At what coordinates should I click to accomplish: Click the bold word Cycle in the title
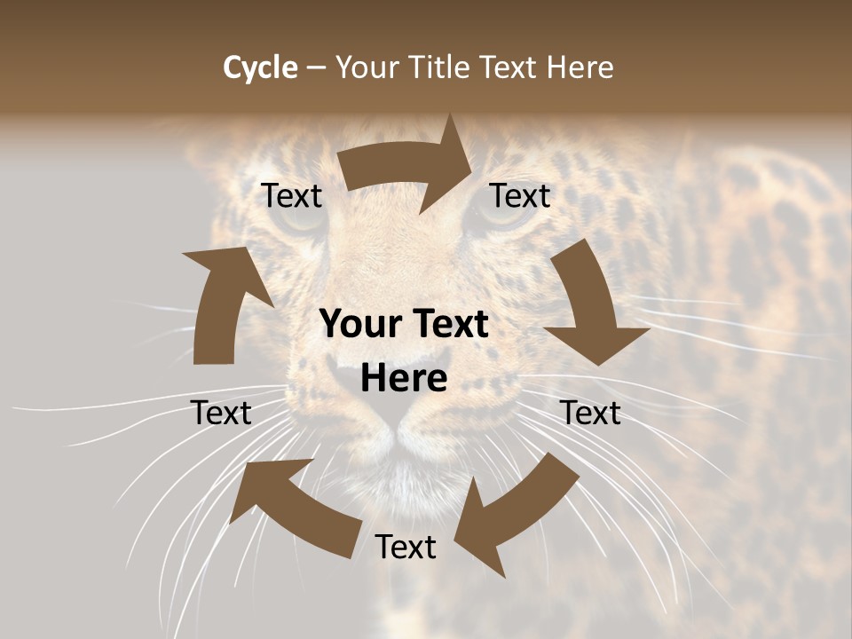pyautogui.click(x=259, y=67)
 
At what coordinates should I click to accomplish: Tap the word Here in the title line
pyautogui.click(x=580, y=67)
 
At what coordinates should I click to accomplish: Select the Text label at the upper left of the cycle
pyautogui.click(x=291, y=195)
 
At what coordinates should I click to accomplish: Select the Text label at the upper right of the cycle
pyautogui.click(x=520, y=195)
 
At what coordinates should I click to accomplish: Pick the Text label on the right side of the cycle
pyautogui.click(x=590, y=413)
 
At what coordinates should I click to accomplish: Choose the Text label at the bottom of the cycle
pyautogui.click(x=406, y=547)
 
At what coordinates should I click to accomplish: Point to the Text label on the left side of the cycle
pyautogui.click(x=221, y=413)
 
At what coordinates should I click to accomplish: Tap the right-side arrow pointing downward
pyautogui.click(x=591, y=306)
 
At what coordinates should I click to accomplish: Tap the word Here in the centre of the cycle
pyautogui.click(x=404, y=379)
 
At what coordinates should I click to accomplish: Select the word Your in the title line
pyautogui.click(x=365, y=67)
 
